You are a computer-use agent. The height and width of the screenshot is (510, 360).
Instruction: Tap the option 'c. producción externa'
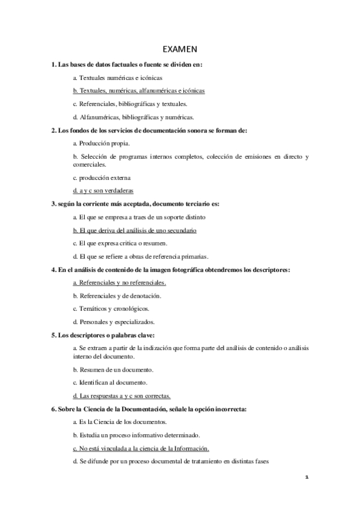coord(101,177)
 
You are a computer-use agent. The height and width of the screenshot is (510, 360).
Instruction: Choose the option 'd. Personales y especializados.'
coord(114,322)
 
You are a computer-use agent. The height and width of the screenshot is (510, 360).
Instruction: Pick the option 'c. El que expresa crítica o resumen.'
coord(120,243)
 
